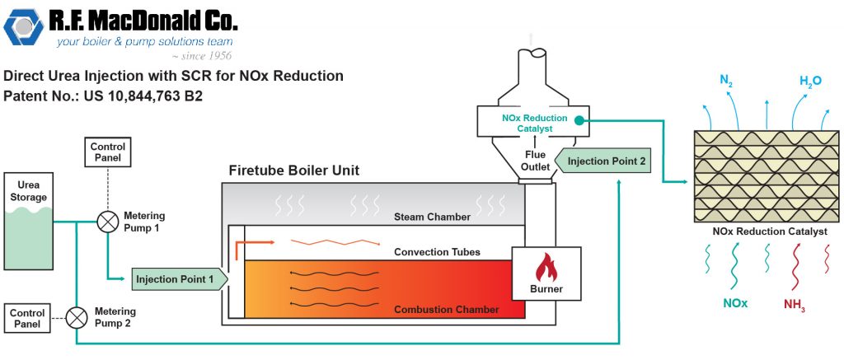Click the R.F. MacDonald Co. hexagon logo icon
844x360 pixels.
(23, 30)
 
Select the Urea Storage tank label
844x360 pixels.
(28, 191)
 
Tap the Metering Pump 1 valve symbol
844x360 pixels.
(107, 221)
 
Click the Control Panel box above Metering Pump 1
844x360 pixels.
(107, 152)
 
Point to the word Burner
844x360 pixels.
(546, 289)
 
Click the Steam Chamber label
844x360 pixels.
(432, 217)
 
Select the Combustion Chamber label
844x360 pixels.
(446, 310)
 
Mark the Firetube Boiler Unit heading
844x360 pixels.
(293, 171)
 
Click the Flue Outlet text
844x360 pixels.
(535, 161)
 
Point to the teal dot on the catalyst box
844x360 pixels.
(580, 121)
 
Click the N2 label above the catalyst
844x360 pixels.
(726, 81)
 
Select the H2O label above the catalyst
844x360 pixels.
(811, 81)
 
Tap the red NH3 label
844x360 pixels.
(795, 306)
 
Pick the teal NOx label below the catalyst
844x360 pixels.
(735, 303)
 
